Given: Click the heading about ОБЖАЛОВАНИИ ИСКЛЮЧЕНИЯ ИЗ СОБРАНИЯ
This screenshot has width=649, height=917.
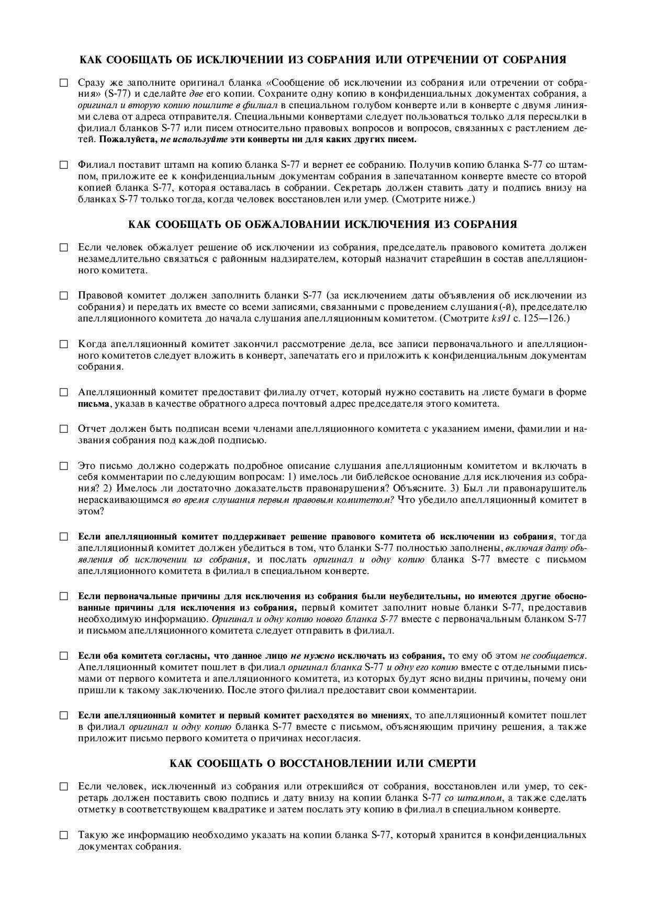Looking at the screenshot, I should [322, 224].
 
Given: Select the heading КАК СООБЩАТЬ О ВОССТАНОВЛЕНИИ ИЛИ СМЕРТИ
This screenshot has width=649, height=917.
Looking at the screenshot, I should [323, 763].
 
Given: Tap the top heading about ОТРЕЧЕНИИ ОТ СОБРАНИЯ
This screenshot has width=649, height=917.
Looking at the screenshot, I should [322, 60].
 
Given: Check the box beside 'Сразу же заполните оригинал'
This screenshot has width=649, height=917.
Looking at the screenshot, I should [64, 83].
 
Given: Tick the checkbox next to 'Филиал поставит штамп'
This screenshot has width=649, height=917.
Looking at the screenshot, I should [64, 165].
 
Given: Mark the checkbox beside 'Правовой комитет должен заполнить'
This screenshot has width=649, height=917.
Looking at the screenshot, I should [64, 295].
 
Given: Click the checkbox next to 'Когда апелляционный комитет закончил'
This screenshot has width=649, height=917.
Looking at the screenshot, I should [64, 344].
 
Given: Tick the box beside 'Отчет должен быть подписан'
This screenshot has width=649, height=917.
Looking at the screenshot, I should [64, 429].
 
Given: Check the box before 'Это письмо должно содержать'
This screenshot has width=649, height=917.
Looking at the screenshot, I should [64, 465].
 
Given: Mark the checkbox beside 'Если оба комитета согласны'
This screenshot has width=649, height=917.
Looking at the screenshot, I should [64, 656].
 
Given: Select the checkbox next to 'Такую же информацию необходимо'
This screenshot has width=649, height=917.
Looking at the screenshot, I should [64, 835].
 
